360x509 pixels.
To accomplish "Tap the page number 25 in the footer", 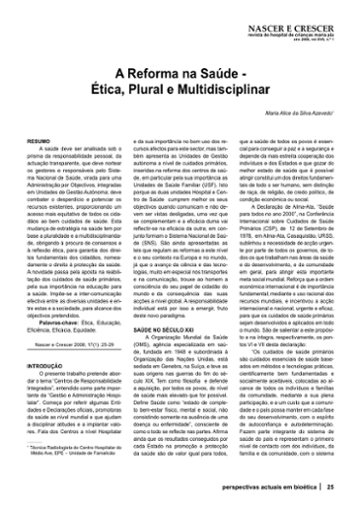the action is click(332, 494).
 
